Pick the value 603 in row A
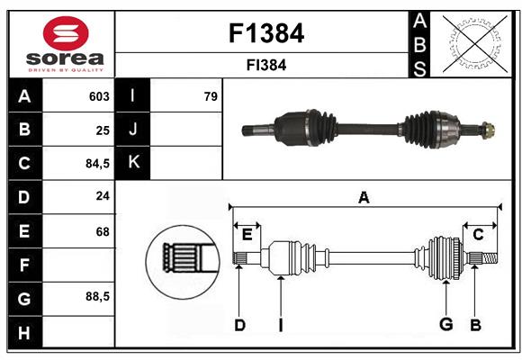tap(98, 96)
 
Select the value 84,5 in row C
tap(95, 164)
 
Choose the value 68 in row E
tap(103, 231)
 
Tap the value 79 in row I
tap(211, 96)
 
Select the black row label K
tap(133, 163)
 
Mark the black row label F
tap(24, 265)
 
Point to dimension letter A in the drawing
tap(364, 197)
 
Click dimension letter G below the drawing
tap(445, 325)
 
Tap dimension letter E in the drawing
tap(247, 234)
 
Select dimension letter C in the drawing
tap(479, 234)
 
